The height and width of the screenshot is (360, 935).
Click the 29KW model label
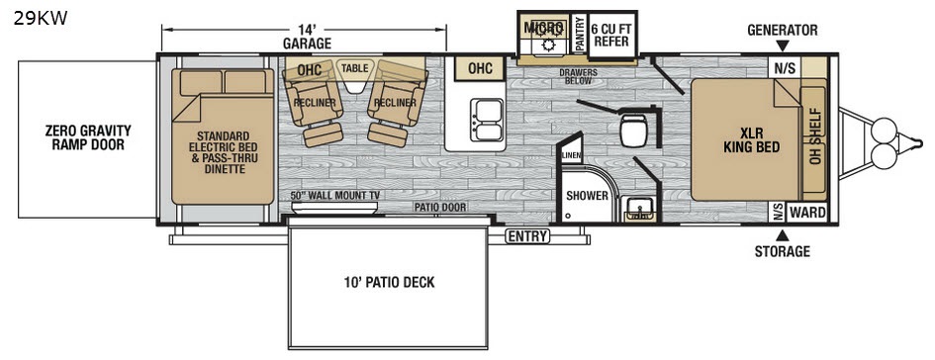click(41, 19)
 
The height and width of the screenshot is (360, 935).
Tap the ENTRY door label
click(527, 236)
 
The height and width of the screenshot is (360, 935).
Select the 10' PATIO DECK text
click(390, 282)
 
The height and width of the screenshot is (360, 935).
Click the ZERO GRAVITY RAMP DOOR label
click(88, 137)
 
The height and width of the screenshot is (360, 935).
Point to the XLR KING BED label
click(752, 139)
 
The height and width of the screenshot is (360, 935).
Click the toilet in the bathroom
click(632, 130)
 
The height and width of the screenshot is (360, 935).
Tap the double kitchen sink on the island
click(487, 120)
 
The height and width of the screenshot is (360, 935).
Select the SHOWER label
click(588, 196)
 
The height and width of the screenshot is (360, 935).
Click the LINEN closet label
click(571, 155)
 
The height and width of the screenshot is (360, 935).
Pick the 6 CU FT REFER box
click(611, 36)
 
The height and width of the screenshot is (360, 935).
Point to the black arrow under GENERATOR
click(783, 45)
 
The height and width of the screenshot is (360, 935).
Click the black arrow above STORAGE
click(783, 234)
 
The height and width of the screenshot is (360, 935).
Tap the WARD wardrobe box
click(807, 213)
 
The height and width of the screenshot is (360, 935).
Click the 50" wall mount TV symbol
click(334, 208)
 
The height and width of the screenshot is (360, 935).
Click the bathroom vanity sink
click(640, 210)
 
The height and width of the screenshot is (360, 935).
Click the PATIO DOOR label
click(440, 207)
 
